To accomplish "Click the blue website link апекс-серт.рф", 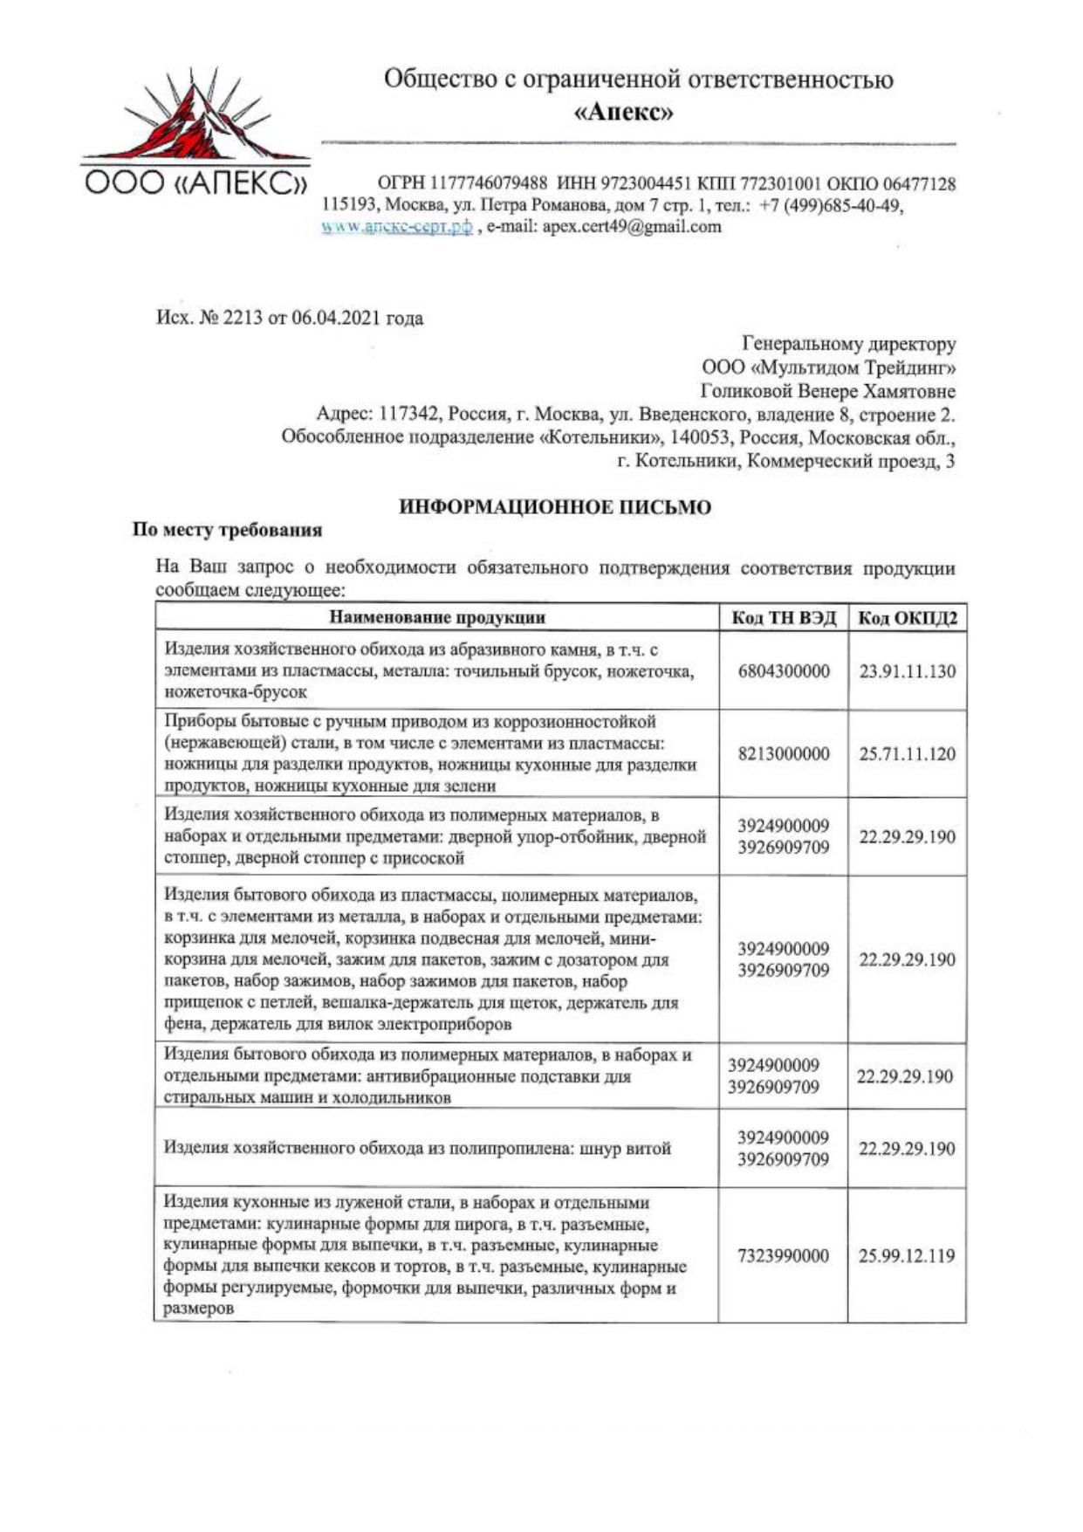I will tap(397, 227).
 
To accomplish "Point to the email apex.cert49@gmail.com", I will tap(632, 227).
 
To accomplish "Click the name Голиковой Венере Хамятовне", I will tap(828, 392).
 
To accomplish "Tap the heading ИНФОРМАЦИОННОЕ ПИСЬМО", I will tap(555, 507).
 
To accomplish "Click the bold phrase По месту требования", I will tap(227, 530).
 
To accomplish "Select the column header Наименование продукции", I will tap(437, 618).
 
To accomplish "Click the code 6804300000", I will tap(784, 671).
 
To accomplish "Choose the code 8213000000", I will tap(784, 754).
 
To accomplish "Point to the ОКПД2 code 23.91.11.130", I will tap(908, 671).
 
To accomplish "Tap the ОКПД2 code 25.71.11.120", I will tap(908, 754).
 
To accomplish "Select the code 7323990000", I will tap(784, 1256).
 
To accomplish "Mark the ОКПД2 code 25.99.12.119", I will tap(908, 1256).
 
